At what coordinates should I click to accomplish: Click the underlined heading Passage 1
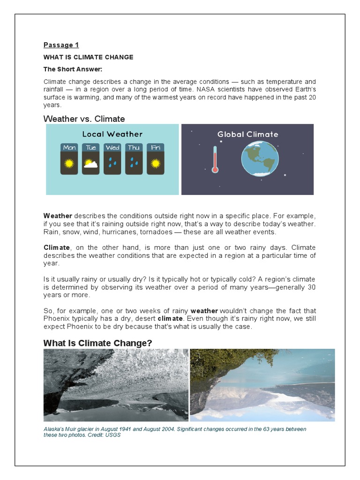(61, 45)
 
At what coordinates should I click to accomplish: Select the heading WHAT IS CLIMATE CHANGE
(88, 57)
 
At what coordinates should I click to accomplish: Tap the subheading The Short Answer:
(73, 69)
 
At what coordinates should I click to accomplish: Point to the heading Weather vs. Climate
(84, 119)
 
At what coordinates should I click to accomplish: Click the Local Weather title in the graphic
(112, 134)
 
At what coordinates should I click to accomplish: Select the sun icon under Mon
(69, 163)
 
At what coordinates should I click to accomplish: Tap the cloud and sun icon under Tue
(90, 163)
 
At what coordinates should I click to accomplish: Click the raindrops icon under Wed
(112, 163)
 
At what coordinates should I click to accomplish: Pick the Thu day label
(134, 148)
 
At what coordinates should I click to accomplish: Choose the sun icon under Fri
(155, 163)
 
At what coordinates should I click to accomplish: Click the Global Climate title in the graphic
(247, 134)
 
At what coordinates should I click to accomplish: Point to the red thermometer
(215, 159)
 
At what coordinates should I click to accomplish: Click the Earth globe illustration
(258, 159)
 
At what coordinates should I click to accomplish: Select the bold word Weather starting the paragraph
(58, 216)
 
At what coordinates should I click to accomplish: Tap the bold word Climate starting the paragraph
(57, 247)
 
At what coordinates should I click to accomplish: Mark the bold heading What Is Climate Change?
(97, 343)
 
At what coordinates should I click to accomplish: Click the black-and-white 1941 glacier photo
(116, 385)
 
